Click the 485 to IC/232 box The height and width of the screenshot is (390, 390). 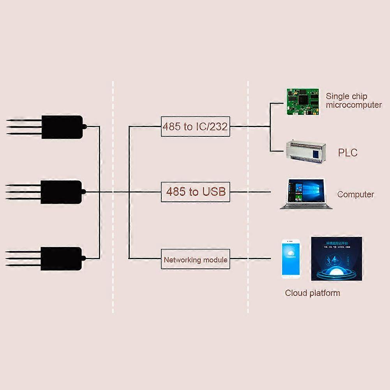(195, 126)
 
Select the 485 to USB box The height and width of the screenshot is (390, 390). (195, 192)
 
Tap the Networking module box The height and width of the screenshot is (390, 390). (195, 259)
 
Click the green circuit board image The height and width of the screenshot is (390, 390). (302, 102)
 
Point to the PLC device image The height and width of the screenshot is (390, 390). (306, 152)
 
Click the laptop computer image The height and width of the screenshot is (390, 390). (306, 194)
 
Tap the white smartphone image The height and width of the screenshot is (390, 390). (291, 259)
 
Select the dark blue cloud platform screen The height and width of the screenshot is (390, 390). (336, 258)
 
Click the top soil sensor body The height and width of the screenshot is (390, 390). (62, 127)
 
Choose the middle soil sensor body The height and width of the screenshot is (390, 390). (62, 192)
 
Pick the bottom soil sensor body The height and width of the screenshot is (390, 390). (62, 258)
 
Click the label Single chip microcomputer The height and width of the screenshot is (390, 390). (353, 101)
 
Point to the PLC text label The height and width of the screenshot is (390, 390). (348, 152)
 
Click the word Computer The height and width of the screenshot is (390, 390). (355, 194)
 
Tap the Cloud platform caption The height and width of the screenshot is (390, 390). (312, 293)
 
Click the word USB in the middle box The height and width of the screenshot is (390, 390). (214, 192)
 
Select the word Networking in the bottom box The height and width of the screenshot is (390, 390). (182, 259)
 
